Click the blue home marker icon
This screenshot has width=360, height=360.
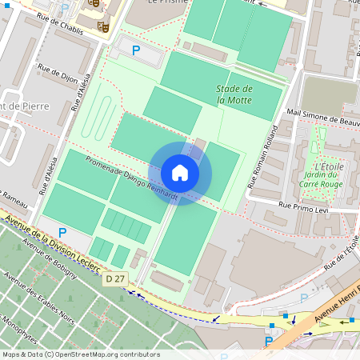180,173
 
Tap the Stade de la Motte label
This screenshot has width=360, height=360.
234,94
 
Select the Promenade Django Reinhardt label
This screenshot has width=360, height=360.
133,173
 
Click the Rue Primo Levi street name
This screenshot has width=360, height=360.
305,206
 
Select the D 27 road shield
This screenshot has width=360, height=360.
114,278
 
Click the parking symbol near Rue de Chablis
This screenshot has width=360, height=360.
135,50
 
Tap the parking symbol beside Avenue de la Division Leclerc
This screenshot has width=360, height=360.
62,232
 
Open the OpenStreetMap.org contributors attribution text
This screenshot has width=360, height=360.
103,354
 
